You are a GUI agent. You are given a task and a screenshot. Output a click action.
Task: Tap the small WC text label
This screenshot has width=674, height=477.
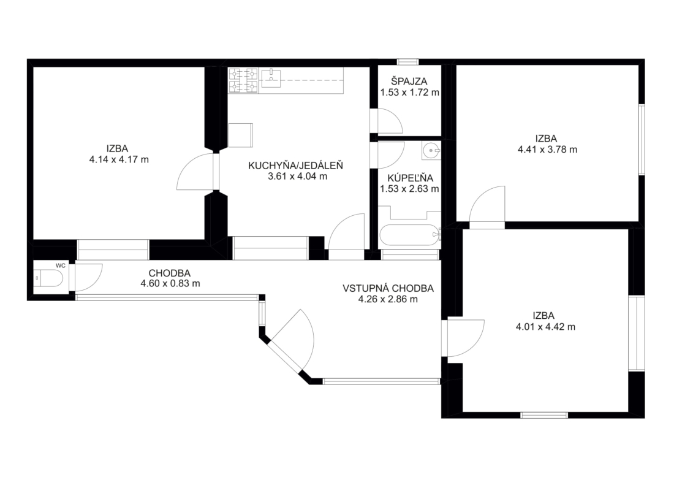[61, 266]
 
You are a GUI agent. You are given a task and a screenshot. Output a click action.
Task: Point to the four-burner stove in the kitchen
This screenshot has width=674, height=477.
[243, 80]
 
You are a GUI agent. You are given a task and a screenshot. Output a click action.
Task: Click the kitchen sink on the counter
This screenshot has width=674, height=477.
[271, 78]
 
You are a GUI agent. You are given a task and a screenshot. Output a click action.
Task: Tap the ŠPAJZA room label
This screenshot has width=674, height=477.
[409, 82]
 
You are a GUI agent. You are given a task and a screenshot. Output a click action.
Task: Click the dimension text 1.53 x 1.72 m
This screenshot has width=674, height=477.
[410, 93]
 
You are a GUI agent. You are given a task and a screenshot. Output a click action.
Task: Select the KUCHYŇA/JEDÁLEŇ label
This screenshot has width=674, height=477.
[296, 165]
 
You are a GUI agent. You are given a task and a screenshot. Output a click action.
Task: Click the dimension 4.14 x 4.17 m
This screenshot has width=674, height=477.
[119, 159]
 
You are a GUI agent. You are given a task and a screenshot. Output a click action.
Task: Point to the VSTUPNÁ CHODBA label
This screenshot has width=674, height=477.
[388, 289]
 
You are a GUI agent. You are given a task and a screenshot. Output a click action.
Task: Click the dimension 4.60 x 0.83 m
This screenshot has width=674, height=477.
[170, 284]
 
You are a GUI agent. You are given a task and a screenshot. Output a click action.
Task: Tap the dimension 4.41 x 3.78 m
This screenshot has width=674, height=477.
[548, 150]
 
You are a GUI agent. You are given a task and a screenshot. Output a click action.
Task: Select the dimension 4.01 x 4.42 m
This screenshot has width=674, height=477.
[545, 327]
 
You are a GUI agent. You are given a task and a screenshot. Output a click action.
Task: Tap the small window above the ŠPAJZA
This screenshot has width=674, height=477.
[407, 62]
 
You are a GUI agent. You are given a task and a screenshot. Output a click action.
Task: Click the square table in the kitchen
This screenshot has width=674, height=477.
[241, 135]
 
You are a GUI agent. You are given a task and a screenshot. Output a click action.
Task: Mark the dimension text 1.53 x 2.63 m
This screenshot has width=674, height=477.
[410, 189]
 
